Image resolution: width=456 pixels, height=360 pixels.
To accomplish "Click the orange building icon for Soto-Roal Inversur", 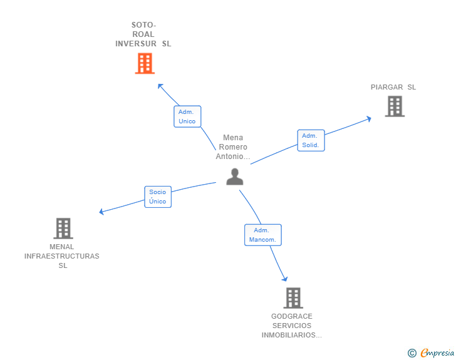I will [145, 63].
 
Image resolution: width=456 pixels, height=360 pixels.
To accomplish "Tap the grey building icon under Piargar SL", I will [395, 106].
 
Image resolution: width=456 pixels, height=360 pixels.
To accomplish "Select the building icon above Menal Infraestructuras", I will [63, 229].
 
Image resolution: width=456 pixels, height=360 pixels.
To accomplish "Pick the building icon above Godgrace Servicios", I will [293, 298].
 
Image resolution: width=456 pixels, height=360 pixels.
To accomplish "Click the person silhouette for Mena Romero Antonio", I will [234, 177].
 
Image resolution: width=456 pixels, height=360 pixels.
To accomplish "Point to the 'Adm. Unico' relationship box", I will [187, 116].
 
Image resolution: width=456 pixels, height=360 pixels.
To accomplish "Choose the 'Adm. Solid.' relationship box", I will [310, 140].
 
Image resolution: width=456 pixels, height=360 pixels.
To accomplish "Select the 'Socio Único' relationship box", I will [157, 197].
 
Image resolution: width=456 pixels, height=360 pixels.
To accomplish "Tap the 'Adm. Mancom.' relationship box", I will [262, 235].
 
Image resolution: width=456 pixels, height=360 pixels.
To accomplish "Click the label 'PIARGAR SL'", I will [393, 87].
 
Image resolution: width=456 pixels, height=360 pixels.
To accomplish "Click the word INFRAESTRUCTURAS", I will [62, 256].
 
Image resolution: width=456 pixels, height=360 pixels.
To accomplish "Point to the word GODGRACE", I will [292, 316].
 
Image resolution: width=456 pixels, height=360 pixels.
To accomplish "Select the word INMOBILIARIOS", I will [291, 335].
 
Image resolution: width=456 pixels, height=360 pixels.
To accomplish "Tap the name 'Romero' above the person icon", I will [233, 147].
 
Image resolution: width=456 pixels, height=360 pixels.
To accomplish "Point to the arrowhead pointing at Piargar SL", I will [370, 117].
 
